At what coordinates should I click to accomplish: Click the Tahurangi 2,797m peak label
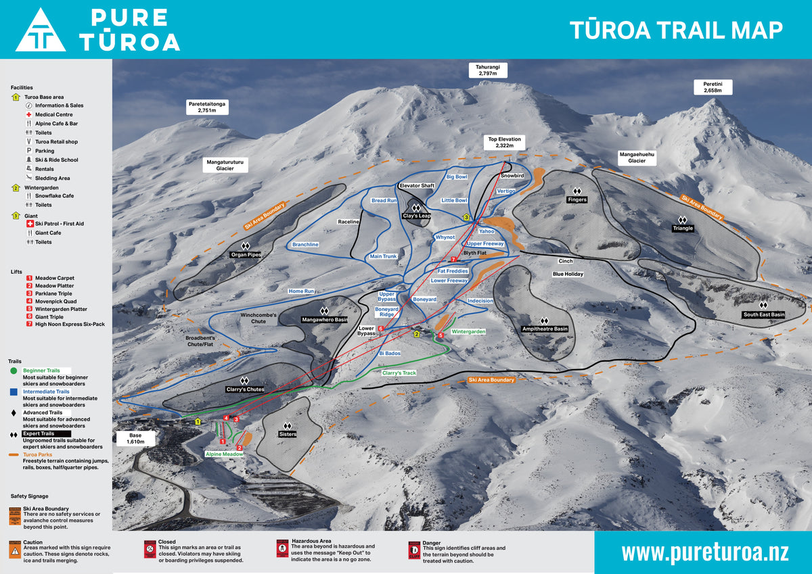pyautogui.click(x=487, y=70)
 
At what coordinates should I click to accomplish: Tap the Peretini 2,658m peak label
pyautogui.click(x=713, y=87)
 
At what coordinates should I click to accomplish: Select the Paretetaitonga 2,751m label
pyautogui.click(x=206, y=106)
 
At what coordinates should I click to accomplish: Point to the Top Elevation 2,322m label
pyautogui.click(x=505, y=142)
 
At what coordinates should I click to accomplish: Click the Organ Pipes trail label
pyautogui.click(x=245, y=255)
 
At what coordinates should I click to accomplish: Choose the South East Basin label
pyautogui.click(x=763, y=314)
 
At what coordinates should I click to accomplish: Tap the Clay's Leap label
pyautogui.click(x=416, y=216)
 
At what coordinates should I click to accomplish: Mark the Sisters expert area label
pyautogui.click(x=287, y=434)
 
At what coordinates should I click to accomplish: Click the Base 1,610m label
pyautogui.click(x=136, y=437)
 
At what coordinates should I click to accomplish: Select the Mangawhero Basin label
pyautogui.click(x=324, y=319)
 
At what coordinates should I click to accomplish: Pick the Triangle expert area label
pyautogui.click(x=683, y=228)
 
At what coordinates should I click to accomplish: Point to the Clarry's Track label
pyautogui.click(x=399, y=373)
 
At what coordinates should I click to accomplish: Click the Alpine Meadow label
pyautogui.click(x=224, y=454)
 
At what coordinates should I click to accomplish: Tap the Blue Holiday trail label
pyautogui.click(x=568, y=274)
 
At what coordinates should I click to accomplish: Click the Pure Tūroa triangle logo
pyautogui.click(x=41, y=31)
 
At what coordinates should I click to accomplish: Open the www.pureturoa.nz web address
pyautogui.click(x=704, y=552)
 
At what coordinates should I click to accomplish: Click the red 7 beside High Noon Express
pyautogui.click(x=29, y=324)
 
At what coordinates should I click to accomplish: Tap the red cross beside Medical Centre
pyautogui.click(x=29, y=114)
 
